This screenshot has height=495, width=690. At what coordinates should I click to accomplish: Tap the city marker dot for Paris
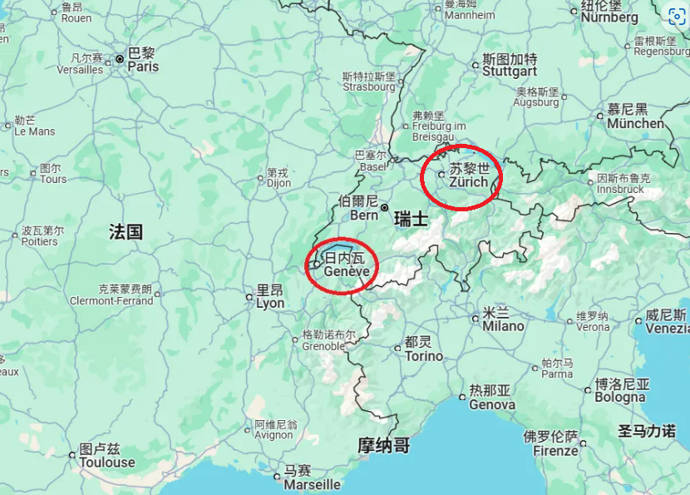[x=121, y=59]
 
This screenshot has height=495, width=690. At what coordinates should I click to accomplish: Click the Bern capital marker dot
[x=384, y=207]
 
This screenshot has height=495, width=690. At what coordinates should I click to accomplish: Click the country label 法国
[x=126, y=231]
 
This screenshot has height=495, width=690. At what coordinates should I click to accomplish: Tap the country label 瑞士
[x=411, y=220]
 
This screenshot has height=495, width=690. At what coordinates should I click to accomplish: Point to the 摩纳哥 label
[x=383, y=445]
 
